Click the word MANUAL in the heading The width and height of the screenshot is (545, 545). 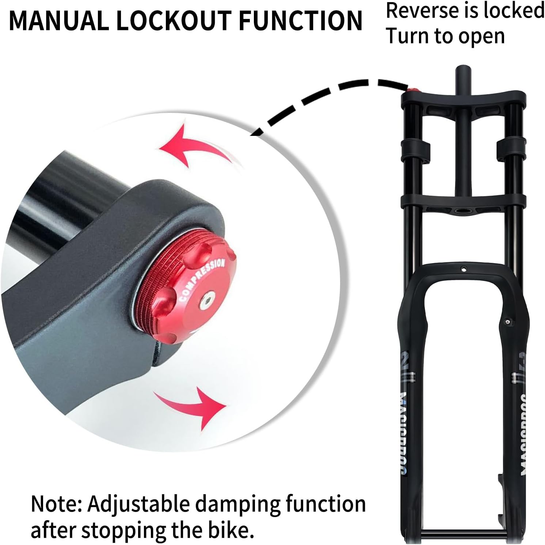pos(59,20)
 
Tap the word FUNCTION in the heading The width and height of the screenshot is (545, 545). pos(300,20)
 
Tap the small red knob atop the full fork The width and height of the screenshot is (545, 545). pos(413,90)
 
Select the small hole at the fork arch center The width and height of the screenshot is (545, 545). pos(464,269)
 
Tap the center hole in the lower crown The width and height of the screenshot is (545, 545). pos(463,211)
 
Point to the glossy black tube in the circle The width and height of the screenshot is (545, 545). pos(55,205)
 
